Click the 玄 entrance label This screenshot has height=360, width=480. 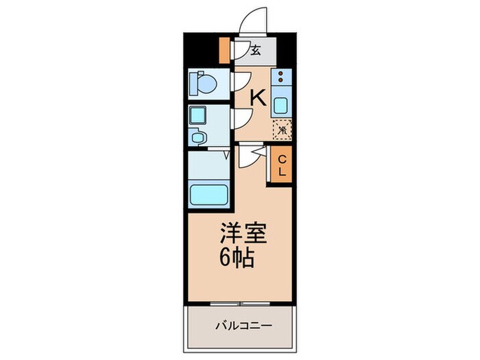click(x=255, y=50)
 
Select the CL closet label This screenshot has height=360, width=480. click(x=282, y=165)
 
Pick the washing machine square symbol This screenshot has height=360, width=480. click(x=198, y=116)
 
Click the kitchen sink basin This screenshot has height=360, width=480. click(x=281, y=106)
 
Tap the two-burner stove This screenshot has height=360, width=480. click(x=281, y=77)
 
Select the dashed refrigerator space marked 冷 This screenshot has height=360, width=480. click(x=282, y=129)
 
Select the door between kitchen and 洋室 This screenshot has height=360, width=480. click(x=254, y=156)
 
